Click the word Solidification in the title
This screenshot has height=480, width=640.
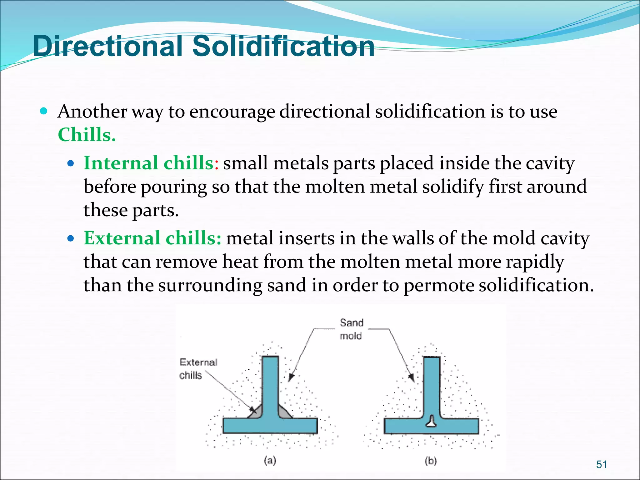(283, 46)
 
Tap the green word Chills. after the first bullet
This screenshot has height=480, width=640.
(87, 135)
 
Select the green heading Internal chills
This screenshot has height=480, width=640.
(148, 163)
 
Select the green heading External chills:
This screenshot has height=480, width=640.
(152, 238)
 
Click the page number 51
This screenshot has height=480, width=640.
(602, 464)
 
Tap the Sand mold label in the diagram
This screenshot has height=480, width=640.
(351, 329)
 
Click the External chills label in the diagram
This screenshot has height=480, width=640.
(198, 368)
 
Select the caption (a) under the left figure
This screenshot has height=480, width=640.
(270, 461)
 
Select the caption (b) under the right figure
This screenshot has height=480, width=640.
(431, 461)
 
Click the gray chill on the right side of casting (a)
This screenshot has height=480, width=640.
(285, 412)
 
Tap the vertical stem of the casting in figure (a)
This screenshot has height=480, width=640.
(270, 384)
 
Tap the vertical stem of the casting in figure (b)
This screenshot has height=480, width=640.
(432, 384)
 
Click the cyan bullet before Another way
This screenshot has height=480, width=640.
(44, 111)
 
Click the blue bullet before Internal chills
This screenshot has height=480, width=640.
(71, 163)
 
